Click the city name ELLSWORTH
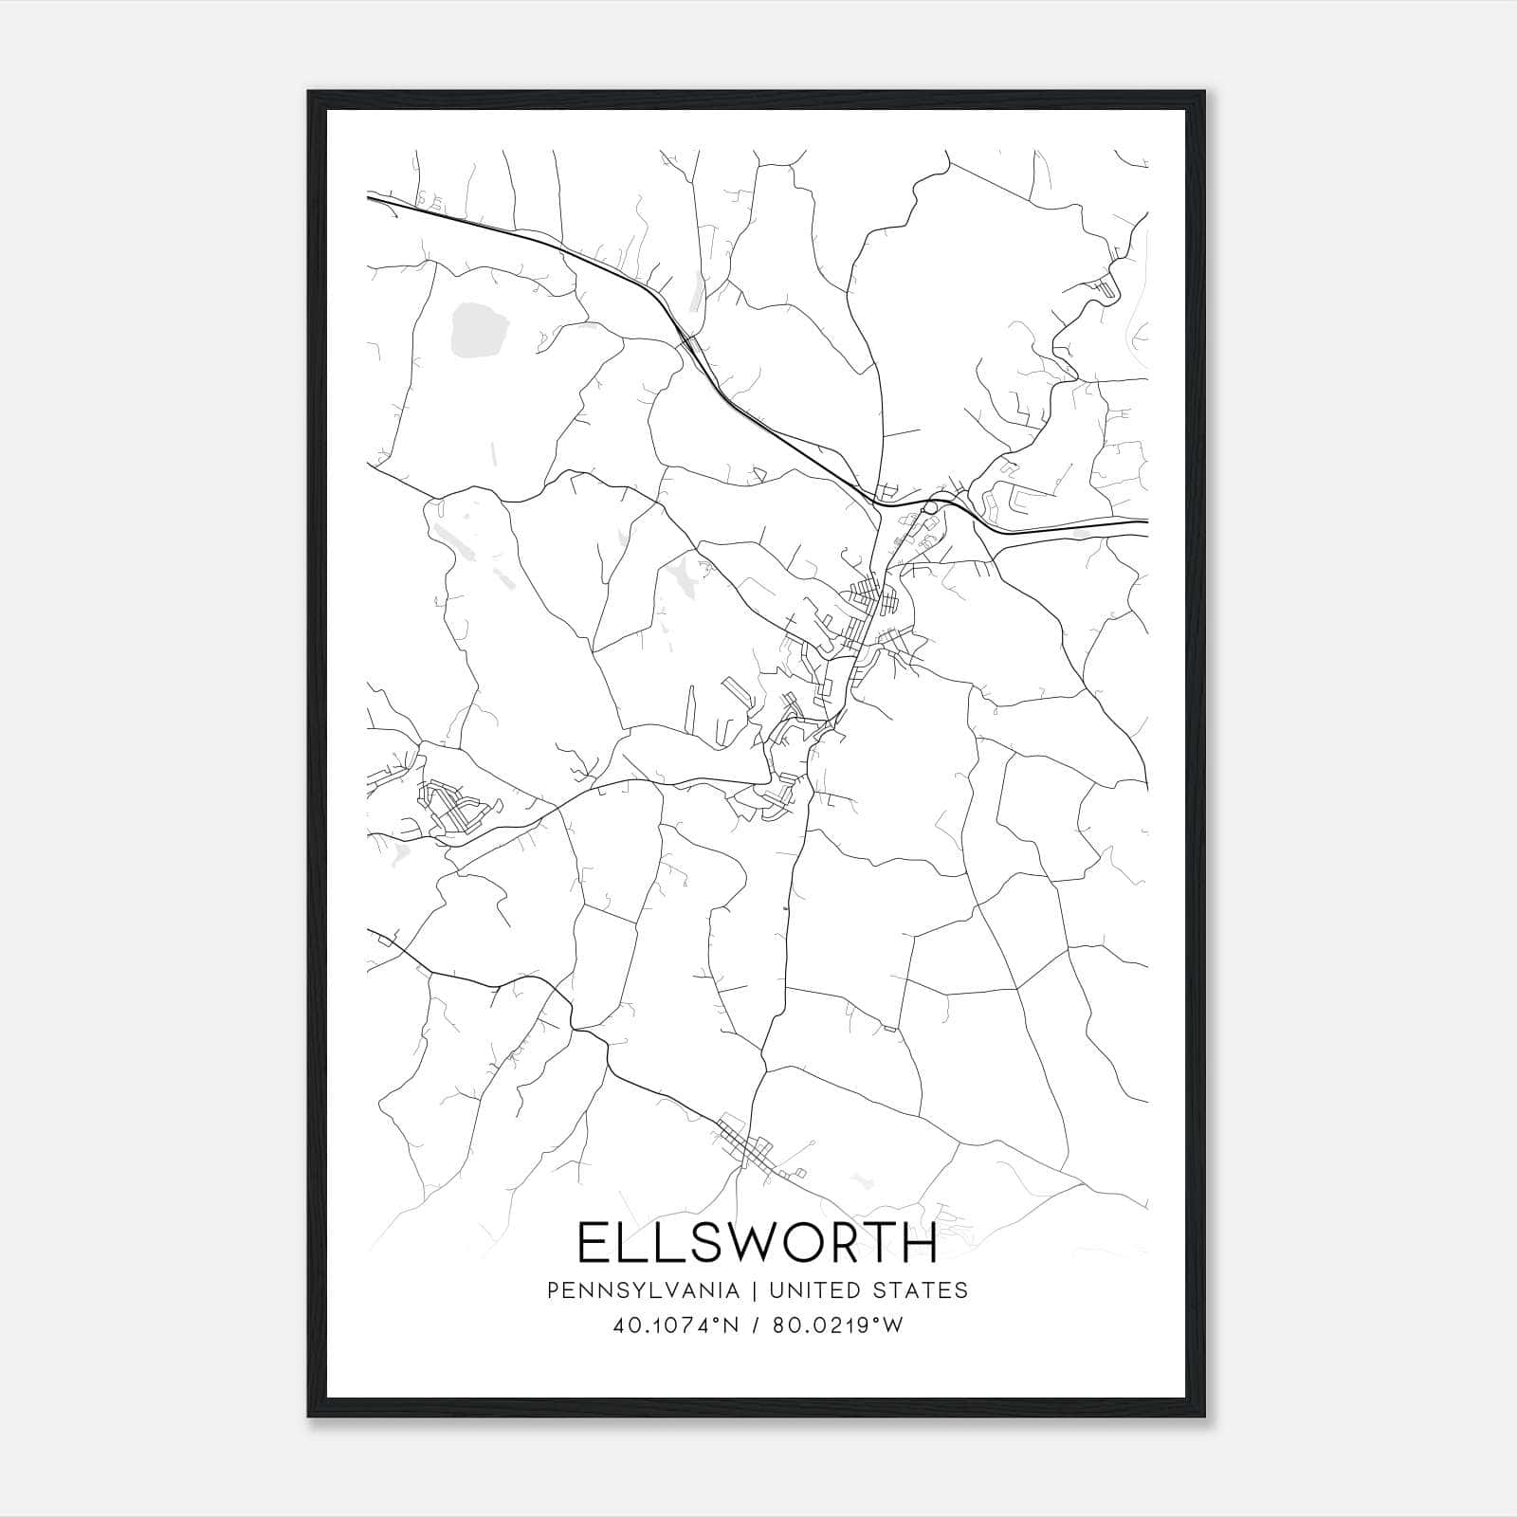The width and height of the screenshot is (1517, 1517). [x=757, y=1243]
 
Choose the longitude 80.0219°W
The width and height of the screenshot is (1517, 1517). [x=839, y=1325]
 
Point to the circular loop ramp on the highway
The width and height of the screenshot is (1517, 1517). [x=930, y=508]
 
